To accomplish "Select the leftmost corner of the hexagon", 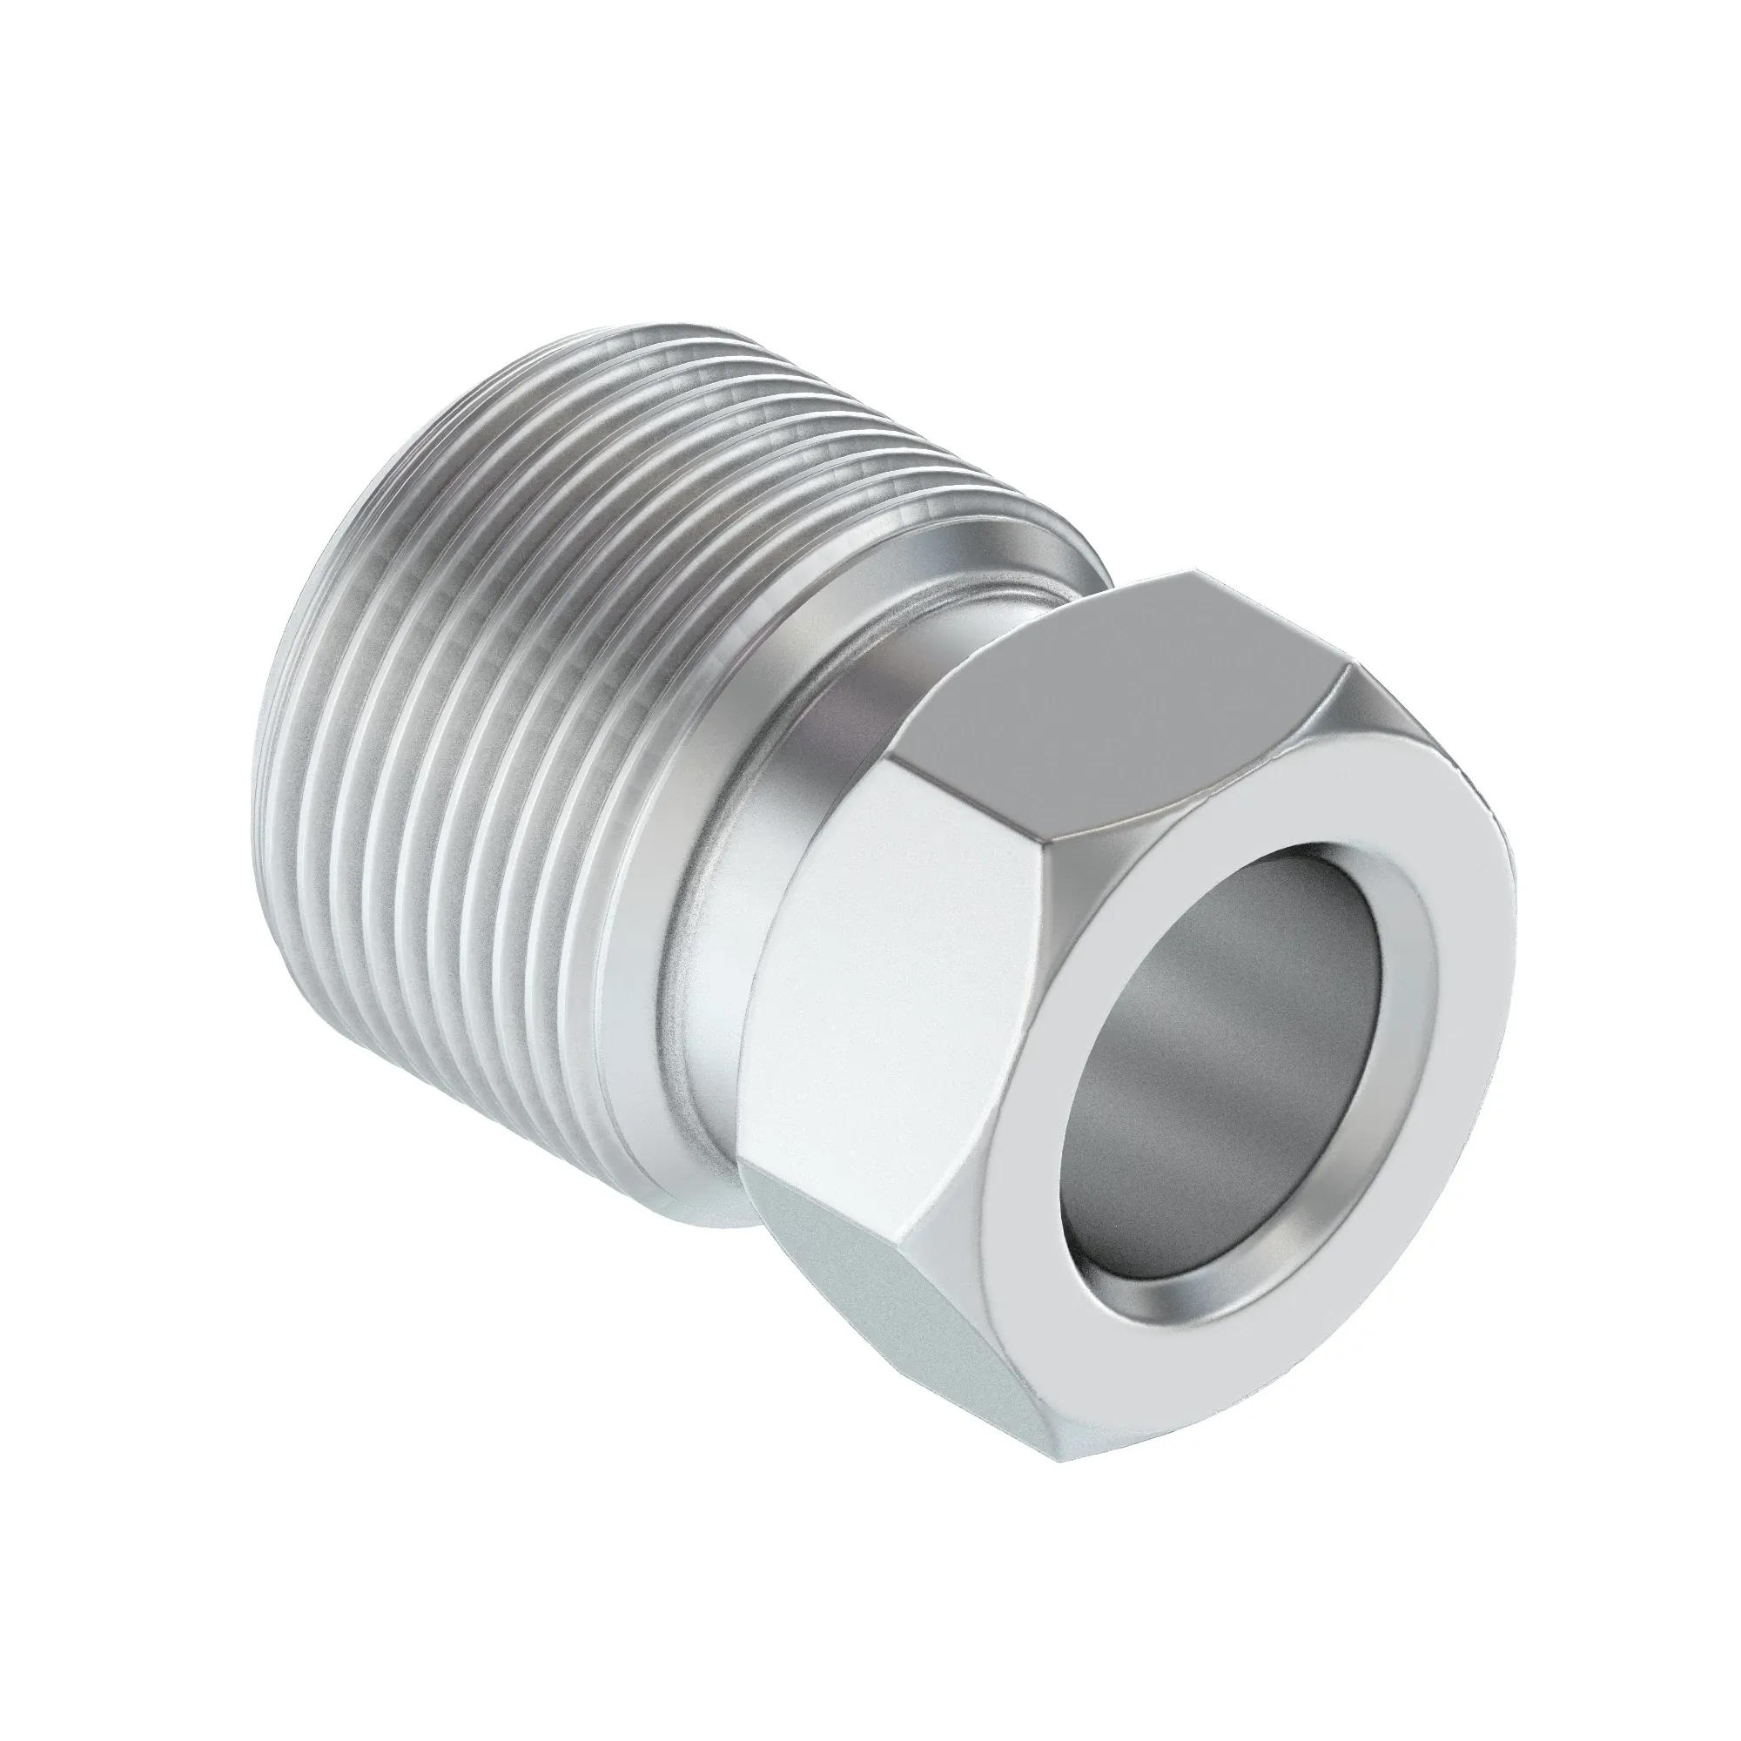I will pyautogui.click(x=741, y=1162).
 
